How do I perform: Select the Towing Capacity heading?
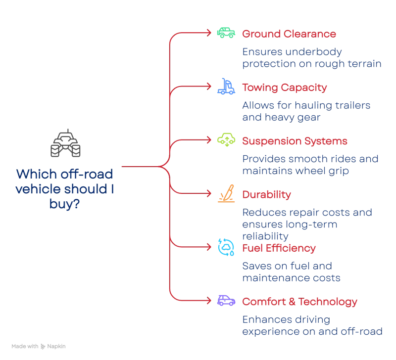(284, 88)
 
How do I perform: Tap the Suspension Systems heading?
(294, 141)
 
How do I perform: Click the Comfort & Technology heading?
(300, 301)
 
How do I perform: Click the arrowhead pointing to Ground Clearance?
(209, 33)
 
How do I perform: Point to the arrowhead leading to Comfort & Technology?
(209, 300)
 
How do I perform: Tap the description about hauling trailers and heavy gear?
(306, 112)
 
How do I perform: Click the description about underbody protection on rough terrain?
(311, 58)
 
